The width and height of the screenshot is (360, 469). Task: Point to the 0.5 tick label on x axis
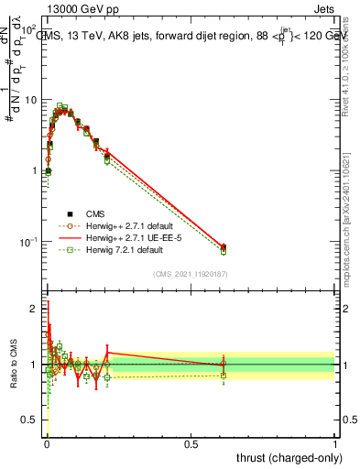(x=191, y=443)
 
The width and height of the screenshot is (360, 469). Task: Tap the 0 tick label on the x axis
(x=47, y=443)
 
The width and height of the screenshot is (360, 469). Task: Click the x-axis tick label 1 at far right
(x=335, y=443)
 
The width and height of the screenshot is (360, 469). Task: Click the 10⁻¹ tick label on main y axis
(x=30, y=242)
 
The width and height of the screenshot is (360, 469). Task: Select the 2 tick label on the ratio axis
(x=36, y=309)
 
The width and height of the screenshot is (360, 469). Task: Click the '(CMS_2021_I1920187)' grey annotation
(x=191, y=274)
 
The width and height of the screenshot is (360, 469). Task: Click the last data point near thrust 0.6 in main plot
(x=224, y=247)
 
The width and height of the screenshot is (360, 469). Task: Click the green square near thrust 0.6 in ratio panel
(x=224, y=375)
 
